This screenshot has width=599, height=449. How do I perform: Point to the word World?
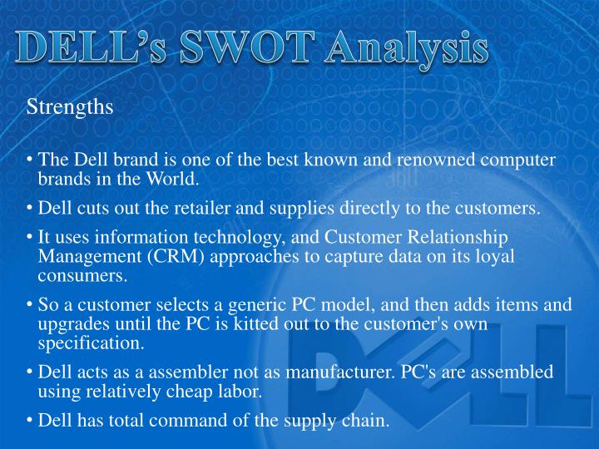point(171,178)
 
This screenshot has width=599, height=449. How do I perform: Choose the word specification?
point(91,342)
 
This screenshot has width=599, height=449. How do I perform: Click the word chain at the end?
point(366,421)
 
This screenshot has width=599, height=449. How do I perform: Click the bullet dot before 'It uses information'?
point(30,237)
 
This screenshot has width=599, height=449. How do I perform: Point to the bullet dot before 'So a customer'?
point(30,305)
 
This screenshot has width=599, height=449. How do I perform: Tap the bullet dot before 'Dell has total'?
point(30,421)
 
